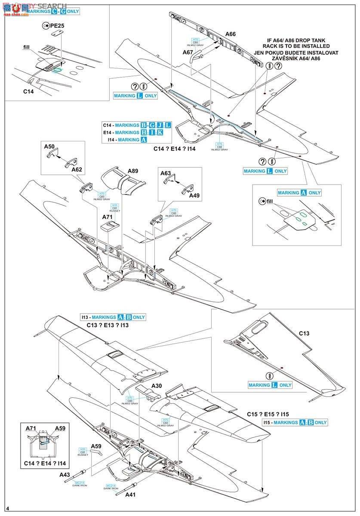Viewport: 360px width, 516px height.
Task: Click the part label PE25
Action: [x=57, y=26]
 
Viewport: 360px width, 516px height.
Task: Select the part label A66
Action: [x=231, y=34]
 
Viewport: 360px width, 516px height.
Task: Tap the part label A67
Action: [x=188, y=52]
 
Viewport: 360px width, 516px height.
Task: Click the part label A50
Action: [x=49, y=147]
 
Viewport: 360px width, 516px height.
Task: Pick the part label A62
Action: [x=77, y=169]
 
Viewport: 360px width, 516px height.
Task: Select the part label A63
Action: [x=166, y=173]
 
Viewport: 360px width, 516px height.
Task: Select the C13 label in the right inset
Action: [x=304, y=333]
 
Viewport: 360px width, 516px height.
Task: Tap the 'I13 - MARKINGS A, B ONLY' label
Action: [x=113, y=317]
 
